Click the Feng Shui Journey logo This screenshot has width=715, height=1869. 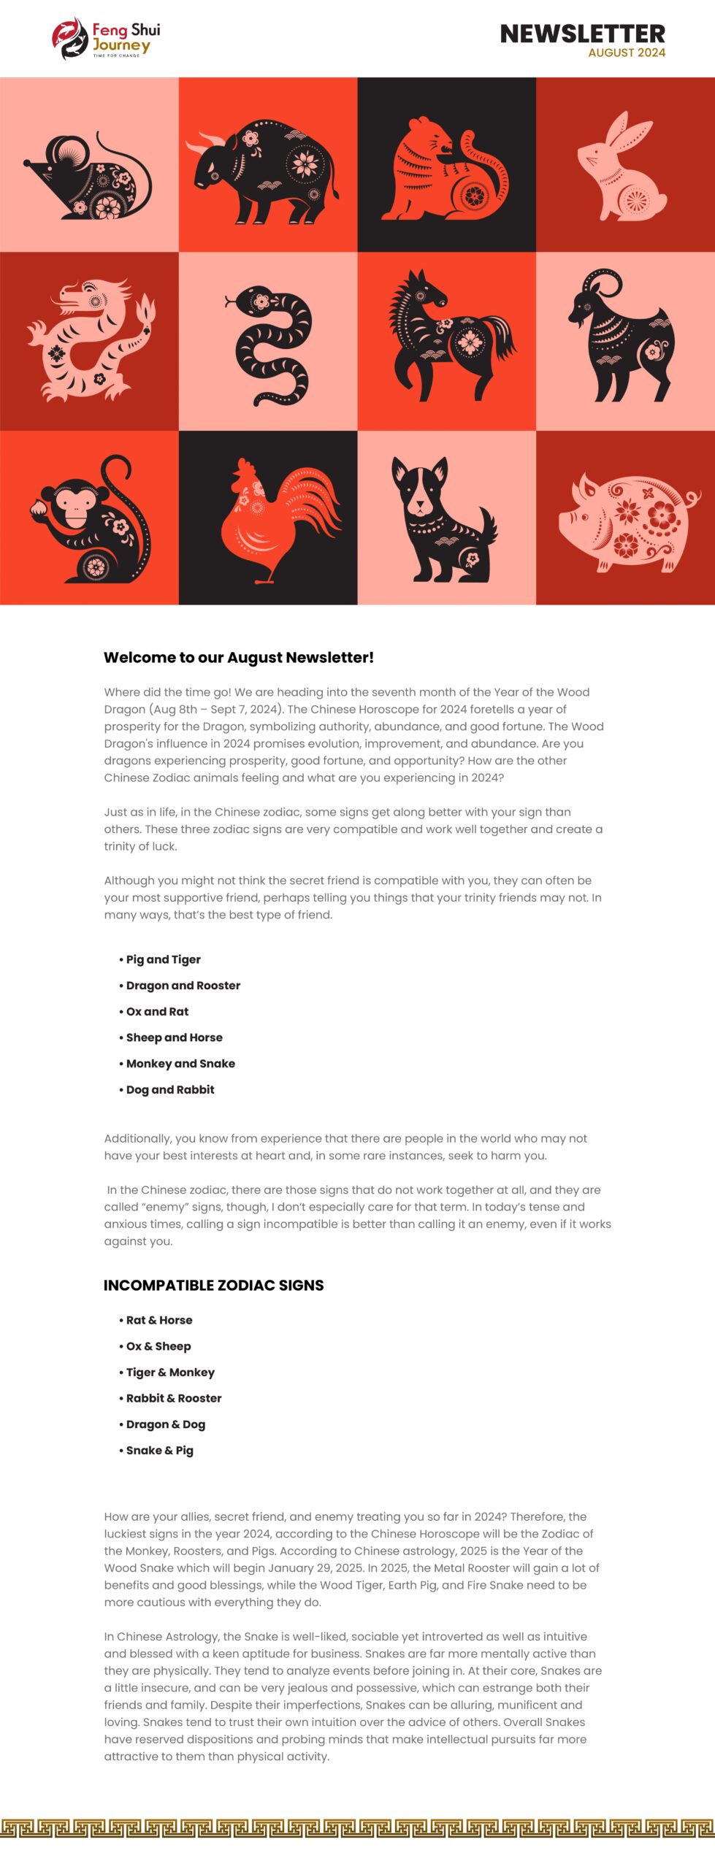click(106, 39)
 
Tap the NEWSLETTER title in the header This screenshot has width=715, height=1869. click(582, 34)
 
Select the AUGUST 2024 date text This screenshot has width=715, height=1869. click(627, 53)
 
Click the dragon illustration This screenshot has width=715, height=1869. click(89, 339)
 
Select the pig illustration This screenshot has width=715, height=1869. click(627, 520)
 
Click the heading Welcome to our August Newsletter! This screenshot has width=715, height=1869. click(239, 657)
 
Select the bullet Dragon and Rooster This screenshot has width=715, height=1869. click(183, 986)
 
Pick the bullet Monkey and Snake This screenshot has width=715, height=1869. click(180, 1064)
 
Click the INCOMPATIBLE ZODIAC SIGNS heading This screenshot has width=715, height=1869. click(213, 1286)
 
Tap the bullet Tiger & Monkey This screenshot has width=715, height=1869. click(170, 1373)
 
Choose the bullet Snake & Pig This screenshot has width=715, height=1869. click(159, 1451)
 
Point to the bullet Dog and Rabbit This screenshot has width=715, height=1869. click(170, 1090)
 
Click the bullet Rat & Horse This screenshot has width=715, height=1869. click(159, 1321)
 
